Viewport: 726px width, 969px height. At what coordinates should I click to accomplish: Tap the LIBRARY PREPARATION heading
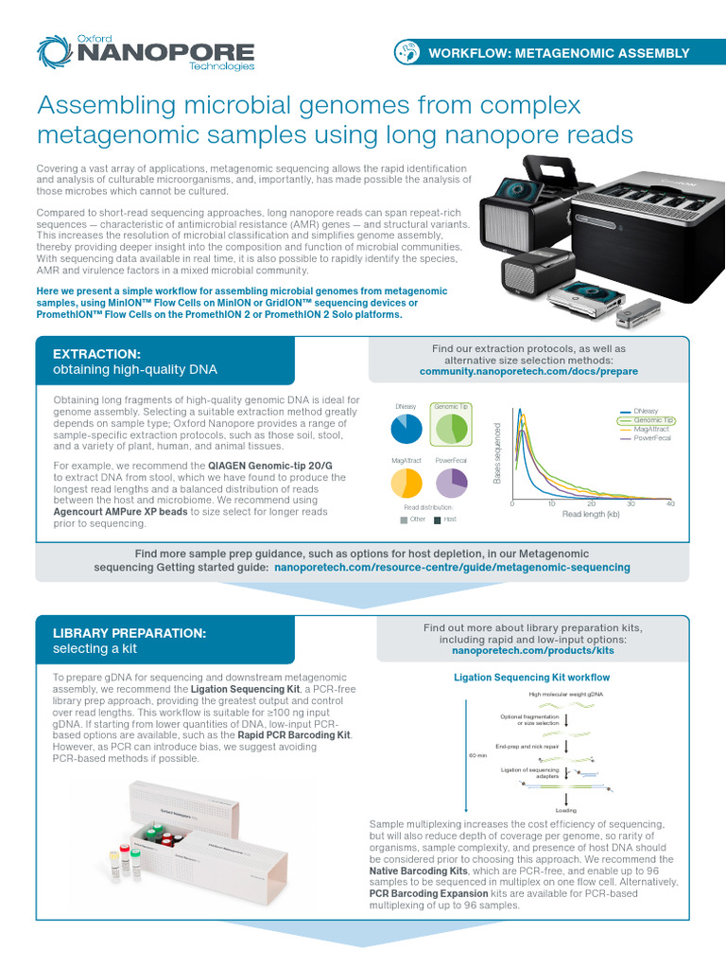[130, 632]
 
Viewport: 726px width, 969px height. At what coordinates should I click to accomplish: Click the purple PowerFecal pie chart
[451, 482]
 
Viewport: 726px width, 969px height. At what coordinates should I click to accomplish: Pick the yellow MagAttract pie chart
[406, 482]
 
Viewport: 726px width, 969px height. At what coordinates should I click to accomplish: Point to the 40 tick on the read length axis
[670, 504]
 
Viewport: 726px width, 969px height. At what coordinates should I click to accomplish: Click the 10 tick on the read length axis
[551, 504]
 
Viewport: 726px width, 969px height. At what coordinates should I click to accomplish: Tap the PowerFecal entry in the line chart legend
[652, 439]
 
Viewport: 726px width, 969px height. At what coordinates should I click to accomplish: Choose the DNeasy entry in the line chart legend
[647, 412]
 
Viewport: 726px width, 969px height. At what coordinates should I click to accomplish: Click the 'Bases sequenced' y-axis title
[496, 455]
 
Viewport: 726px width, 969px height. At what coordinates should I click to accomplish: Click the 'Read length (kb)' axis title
[591, 515]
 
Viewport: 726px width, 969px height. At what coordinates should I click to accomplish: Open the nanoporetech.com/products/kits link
[533, 651]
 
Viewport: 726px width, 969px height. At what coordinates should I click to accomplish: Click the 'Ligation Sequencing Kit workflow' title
[532, 678]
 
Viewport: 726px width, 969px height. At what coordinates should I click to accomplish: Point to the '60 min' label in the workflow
[478, 755]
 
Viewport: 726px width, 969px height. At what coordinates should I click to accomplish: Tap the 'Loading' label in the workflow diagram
[566, 810]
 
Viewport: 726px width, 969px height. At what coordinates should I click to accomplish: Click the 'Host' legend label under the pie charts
[450, 520]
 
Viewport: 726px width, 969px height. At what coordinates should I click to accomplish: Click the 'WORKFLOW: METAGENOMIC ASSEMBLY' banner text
[559, 53]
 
